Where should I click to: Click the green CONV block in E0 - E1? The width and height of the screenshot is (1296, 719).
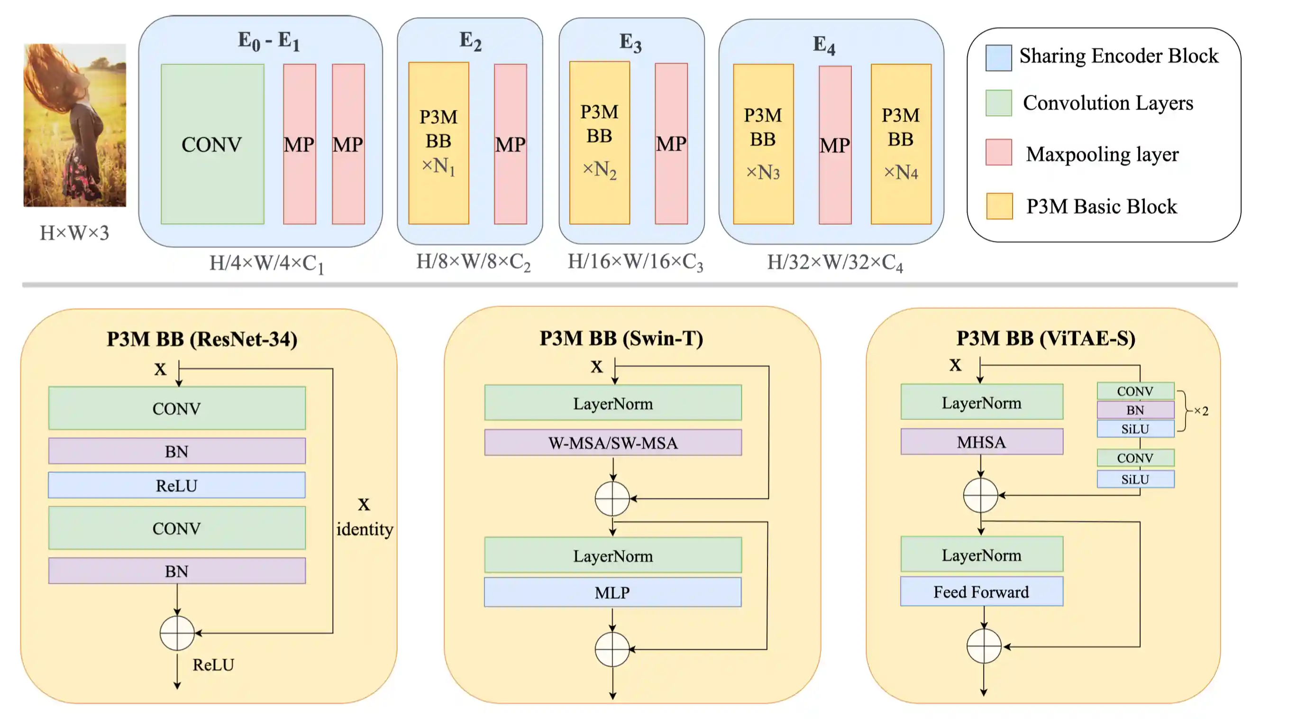pos(212,144)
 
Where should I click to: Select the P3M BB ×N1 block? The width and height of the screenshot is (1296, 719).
pos(438,143)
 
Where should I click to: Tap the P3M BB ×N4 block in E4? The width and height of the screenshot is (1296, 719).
pos(901,144)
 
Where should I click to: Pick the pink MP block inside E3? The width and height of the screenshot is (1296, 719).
pos(671,144)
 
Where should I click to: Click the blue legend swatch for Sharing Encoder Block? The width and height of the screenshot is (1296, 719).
pos(998,57)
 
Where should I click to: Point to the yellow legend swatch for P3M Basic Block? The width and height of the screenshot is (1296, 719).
pos(999,206)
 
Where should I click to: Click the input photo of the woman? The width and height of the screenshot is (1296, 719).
pos(74,125)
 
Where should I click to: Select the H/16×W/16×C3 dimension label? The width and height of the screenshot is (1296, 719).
pos(635,262)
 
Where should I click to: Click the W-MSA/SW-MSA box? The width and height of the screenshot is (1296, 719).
pos(612,442)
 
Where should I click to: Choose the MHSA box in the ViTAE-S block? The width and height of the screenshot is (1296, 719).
pos(981,442)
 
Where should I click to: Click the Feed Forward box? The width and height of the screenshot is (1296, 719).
pos(981,591)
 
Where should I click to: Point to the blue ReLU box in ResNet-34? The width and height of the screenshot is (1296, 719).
pos(177,485)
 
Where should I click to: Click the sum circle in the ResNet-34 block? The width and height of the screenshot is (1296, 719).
pos(177,633)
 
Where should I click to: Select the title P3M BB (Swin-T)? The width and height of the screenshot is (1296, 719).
pos(621,338)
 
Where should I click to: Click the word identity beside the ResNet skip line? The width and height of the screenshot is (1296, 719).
pos(365,529)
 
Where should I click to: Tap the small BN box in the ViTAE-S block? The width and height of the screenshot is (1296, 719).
pos(1135,410)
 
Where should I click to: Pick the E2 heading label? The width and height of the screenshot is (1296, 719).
pos(470,40)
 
